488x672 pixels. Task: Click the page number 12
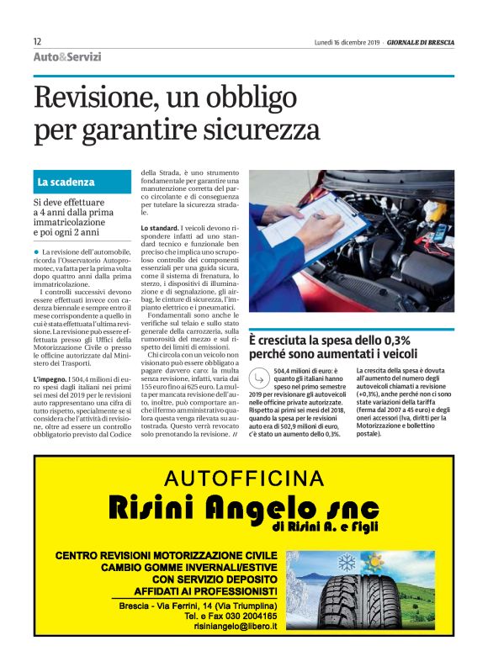coord(37,41)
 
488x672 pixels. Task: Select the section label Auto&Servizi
coord(67,57)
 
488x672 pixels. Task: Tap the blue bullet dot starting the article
coord(36,252)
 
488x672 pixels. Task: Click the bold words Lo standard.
coord(159,228)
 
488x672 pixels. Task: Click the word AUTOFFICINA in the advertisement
coord(244,478)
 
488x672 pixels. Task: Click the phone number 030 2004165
coord(246,615)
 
